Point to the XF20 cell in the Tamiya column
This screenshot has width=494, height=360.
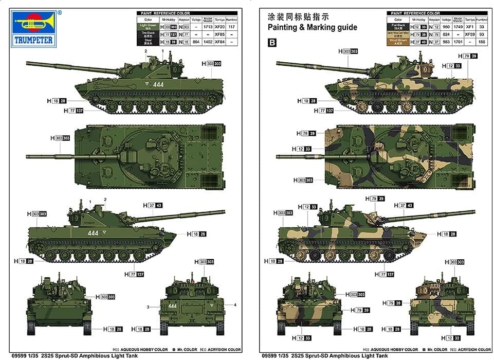[x=219, y=26]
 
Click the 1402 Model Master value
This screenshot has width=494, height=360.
[x=208, y=42]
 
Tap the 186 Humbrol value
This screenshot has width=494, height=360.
[x=482, y=42]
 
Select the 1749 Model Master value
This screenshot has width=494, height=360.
[x=458, y=26]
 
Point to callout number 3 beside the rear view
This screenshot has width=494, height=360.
[x=148, y=307]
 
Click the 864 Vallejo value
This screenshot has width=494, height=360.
[x=195, y=42]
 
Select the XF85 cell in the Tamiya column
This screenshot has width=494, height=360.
[x=219, y=34]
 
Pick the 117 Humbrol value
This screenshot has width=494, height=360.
[x=232, y=26]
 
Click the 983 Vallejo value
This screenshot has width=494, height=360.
[x=445, y=42]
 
